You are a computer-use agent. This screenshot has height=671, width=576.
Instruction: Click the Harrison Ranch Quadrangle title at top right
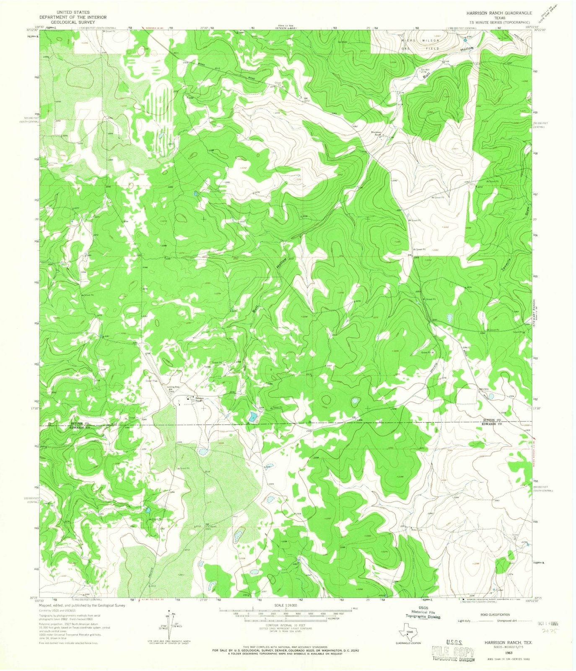click(493, 13)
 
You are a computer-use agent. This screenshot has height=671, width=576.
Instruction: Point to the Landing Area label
click(174, 387)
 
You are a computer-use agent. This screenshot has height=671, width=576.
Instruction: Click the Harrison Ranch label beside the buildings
click(198, 399)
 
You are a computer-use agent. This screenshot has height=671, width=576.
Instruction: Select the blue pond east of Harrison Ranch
click(252, 417)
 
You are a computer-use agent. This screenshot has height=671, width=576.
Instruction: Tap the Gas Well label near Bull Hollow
click(426, 69)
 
